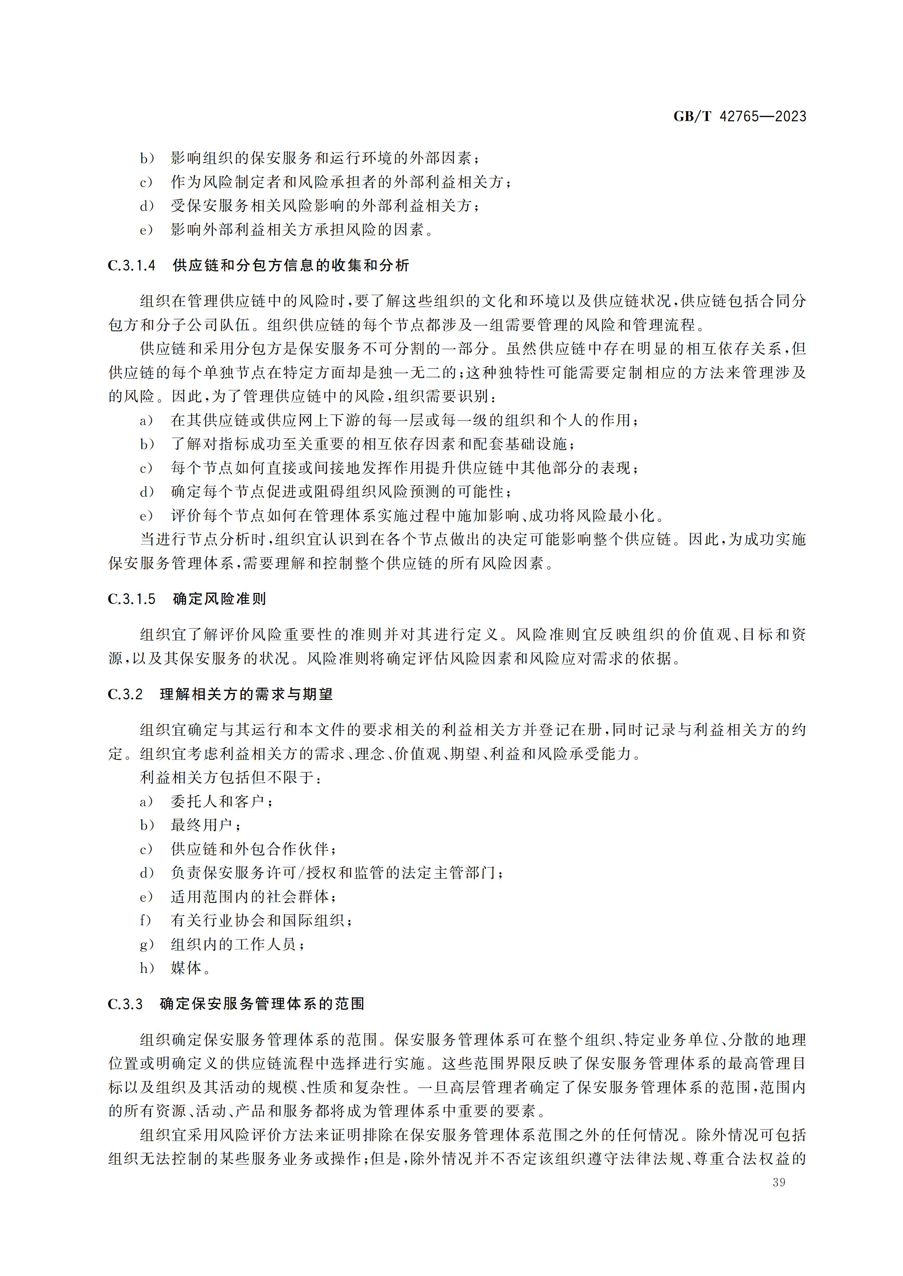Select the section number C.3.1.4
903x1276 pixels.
tap(132, 266)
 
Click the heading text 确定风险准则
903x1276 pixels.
tap(219, 599)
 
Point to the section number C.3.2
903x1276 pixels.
tap(125, 695)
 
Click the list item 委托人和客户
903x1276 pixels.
tap(221, 801)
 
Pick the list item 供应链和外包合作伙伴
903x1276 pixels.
tap(253, 849)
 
